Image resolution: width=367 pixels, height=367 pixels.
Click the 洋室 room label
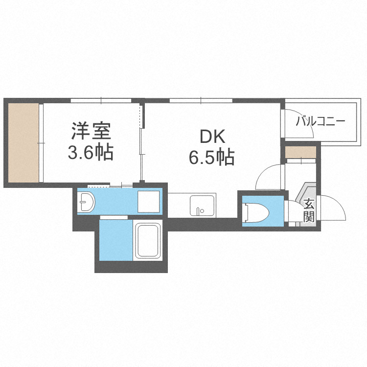[x=92, y=132]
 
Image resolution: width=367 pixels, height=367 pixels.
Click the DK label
[x=212, y=136]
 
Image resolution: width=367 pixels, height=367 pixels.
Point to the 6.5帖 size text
[x=211, y=157]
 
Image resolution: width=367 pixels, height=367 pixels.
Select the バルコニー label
[x=321, y=121]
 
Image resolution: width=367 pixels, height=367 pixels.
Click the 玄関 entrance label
[x=308, y=210]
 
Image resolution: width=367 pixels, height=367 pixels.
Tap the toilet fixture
[x=253, y=211]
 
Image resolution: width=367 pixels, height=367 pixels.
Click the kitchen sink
[x=202, y=206]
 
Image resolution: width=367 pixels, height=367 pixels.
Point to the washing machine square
[x=148, y=201]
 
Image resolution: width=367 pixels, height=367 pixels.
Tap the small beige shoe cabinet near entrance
[x=300, y=152]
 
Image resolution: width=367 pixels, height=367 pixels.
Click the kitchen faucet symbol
[x=199, y=211]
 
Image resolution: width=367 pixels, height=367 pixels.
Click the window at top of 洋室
[x=101, y=101]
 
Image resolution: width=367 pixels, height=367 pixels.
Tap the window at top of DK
[x=201, y=101]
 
